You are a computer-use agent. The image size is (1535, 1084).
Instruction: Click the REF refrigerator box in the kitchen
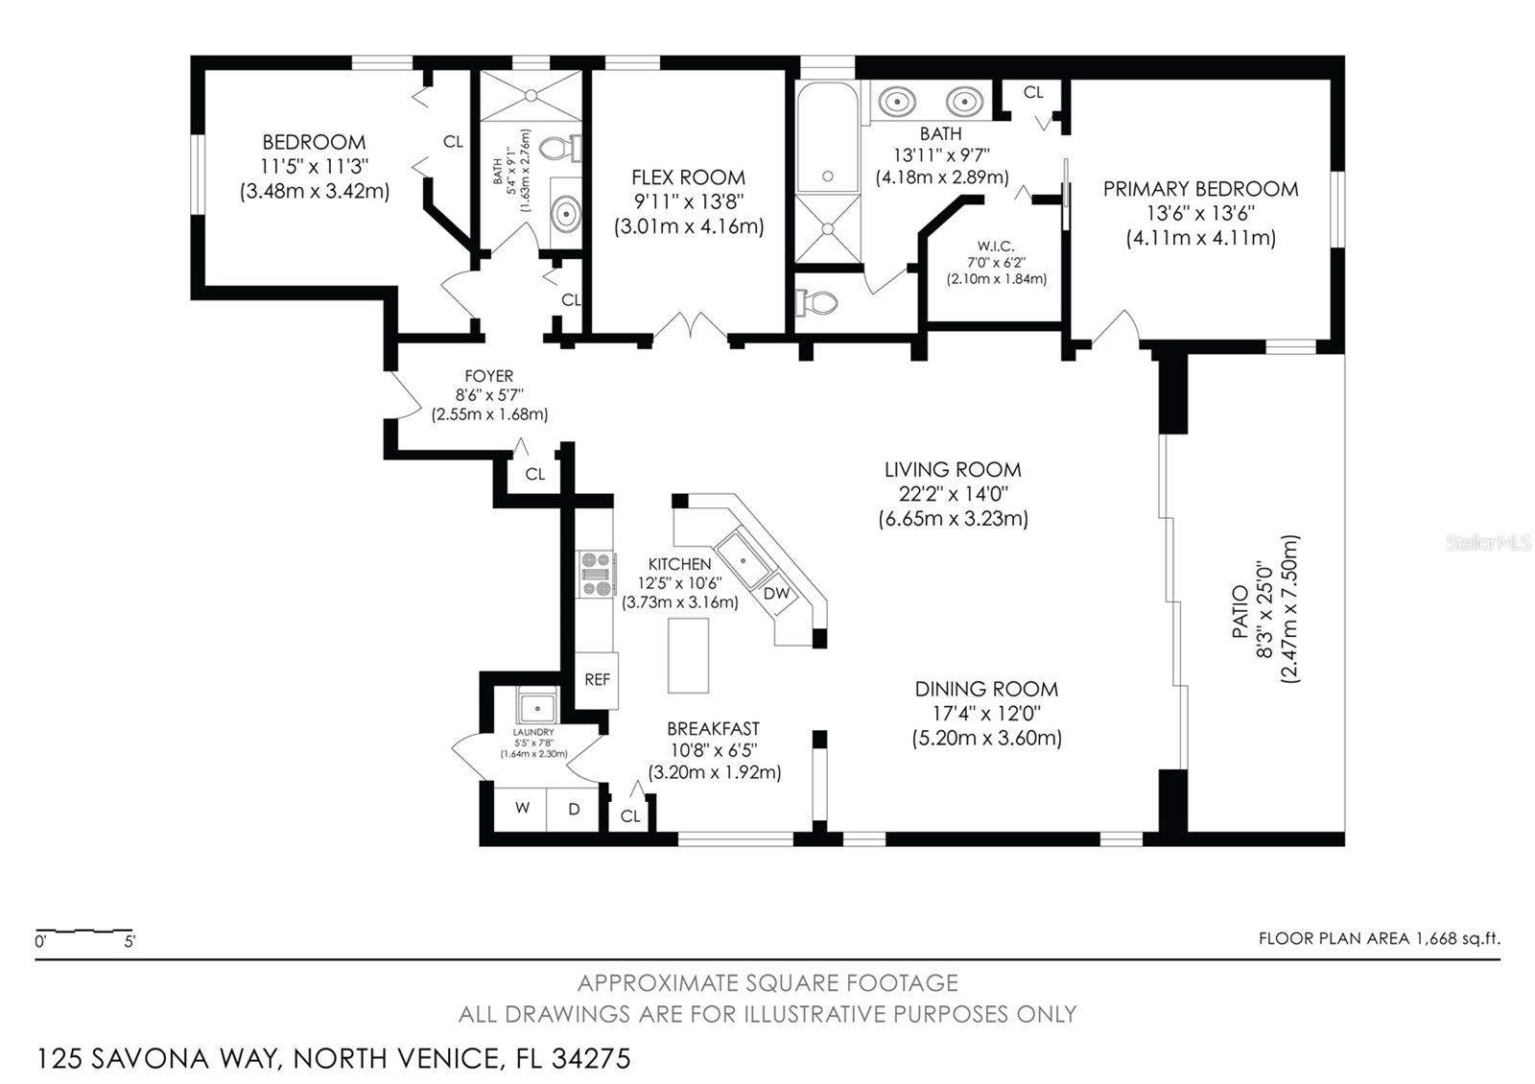597,679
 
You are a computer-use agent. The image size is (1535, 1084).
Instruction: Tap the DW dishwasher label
776,594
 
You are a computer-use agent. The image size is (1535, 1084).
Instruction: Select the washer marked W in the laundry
522,809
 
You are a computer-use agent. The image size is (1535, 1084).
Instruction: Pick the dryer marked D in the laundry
574,809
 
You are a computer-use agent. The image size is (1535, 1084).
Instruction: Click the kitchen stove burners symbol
596,575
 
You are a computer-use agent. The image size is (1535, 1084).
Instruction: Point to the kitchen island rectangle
688,655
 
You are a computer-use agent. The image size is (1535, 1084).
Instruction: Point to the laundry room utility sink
537,707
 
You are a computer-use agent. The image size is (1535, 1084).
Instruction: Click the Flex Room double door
697,326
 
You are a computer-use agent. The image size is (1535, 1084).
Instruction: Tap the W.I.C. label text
996,246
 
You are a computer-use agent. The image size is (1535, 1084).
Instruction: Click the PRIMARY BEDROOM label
1200,189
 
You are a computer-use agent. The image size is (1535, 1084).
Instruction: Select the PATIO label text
1240,611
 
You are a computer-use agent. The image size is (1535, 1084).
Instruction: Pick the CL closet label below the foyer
534,474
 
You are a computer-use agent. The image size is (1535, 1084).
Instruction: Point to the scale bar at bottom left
84,931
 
